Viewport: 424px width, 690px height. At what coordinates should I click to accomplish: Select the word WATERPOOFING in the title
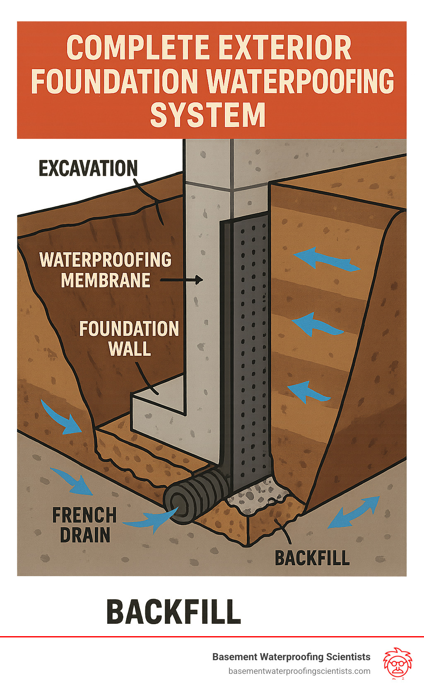pyautogui.click(x=300, y=81)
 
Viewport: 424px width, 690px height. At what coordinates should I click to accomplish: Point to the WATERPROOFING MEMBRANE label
pyautogui.click(x=105, y=270)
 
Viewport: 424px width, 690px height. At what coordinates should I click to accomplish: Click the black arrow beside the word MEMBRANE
pyautogui.click(x=182, y=280)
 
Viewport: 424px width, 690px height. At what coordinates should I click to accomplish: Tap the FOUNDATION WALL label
pyautogui.click(x=129, y=338)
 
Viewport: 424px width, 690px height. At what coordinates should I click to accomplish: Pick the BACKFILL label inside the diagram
pyautogui.click(x=312, y=558)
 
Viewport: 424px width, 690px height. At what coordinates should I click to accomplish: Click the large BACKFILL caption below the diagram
pyautogui.click(x=173, y=611)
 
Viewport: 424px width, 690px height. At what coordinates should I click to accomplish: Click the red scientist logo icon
pyautogui.click(x=397, y=663)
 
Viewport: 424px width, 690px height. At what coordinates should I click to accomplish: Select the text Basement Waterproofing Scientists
pyautogui.click(x=291, y=657)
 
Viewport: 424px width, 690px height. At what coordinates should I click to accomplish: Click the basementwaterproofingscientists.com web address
pyautogui.click(x=299, y=671)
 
